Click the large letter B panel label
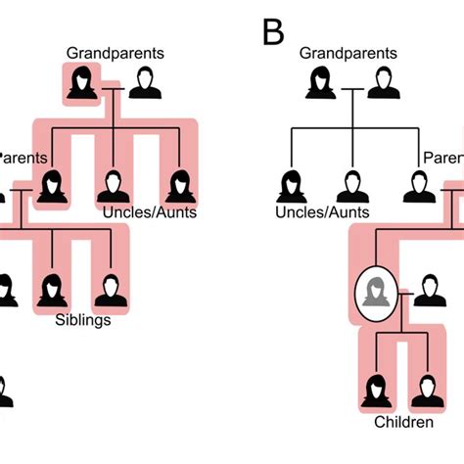[273, 32]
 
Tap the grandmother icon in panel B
[320, 83]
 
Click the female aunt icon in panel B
[292, 185]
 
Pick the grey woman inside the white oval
[374, 292]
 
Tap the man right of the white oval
[427, 291]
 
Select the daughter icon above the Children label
[374, 393]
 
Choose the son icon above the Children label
[423, 393]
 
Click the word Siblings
[82, 319]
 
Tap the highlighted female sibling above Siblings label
[51, 291]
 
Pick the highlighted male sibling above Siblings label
[107, 291]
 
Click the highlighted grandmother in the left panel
[80, 83]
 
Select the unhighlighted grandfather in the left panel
[146, 83]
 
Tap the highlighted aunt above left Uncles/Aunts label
[179, 186]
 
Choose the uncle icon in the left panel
[114, 186]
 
